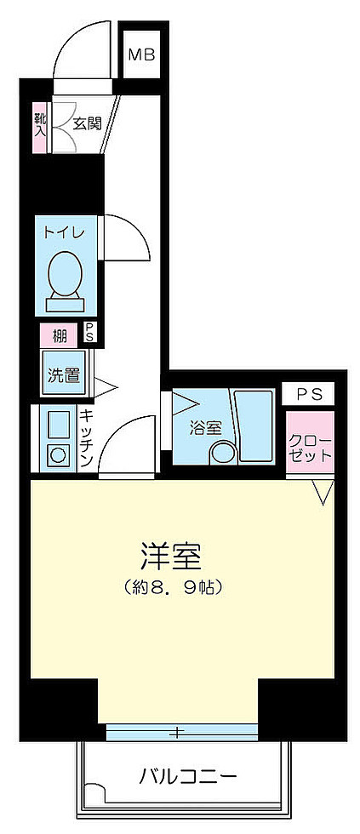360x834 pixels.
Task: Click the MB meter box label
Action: click(x=140, y=55)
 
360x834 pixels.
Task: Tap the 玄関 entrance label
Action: click(x=87, y=123)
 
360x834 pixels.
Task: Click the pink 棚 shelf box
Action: click(x=60, y=335)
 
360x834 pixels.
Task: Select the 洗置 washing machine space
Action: click(x=63, y=374)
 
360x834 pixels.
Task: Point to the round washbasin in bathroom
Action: click(x=223, y=454)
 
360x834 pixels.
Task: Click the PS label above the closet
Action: click(x=309, y=394)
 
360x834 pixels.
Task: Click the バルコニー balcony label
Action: click(x=188, y=776)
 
